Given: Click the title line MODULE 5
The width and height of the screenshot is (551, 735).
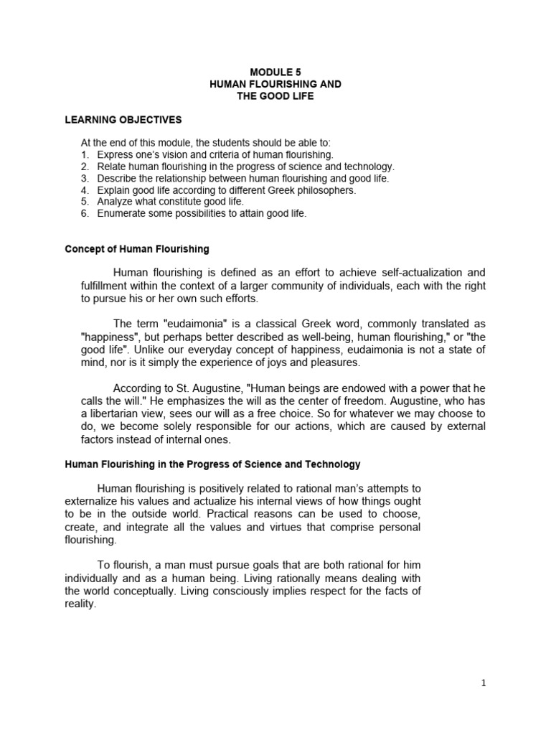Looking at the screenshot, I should tap(275, 72).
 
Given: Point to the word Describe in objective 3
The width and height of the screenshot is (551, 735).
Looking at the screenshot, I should tap(116, 178).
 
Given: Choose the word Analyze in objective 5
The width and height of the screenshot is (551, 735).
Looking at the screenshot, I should tap(115, 202).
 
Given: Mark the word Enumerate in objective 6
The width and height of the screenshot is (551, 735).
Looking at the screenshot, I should tap(121, 214).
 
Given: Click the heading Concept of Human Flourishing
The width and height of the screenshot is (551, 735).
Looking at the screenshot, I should tap(137, 249).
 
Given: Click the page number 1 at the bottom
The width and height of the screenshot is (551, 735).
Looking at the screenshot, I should tap(484, 683).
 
